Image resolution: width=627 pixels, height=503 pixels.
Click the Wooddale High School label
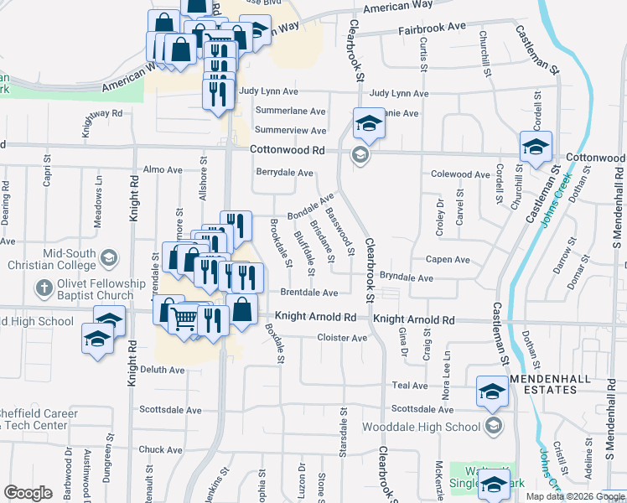(x=422, y=426)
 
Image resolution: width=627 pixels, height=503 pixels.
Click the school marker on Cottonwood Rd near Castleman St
(x=535, y=148)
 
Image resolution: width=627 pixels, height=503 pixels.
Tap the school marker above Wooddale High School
(x=491, y=392)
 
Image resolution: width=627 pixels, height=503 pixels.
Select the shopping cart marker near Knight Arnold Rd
(x=184, y=318)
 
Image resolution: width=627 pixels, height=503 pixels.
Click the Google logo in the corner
(x=28, y=493)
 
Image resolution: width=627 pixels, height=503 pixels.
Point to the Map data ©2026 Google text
(x=574, y=496)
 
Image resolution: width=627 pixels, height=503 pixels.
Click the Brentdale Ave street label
(x=309, y=293)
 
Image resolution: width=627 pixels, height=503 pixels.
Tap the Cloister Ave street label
(x=342, y=338)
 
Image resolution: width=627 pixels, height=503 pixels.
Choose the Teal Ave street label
(x=409, y=385)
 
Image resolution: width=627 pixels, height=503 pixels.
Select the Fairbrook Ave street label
(x=432, y=27)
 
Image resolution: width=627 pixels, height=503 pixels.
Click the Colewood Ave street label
(x=460, y=174)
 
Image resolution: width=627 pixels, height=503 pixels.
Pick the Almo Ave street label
(x=163, y=169)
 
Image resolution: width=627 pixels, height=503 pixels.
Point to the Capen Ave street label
(x=445, y=259)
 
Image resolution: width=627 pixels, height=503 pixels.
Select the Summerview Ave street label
(x=290, y=130)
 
